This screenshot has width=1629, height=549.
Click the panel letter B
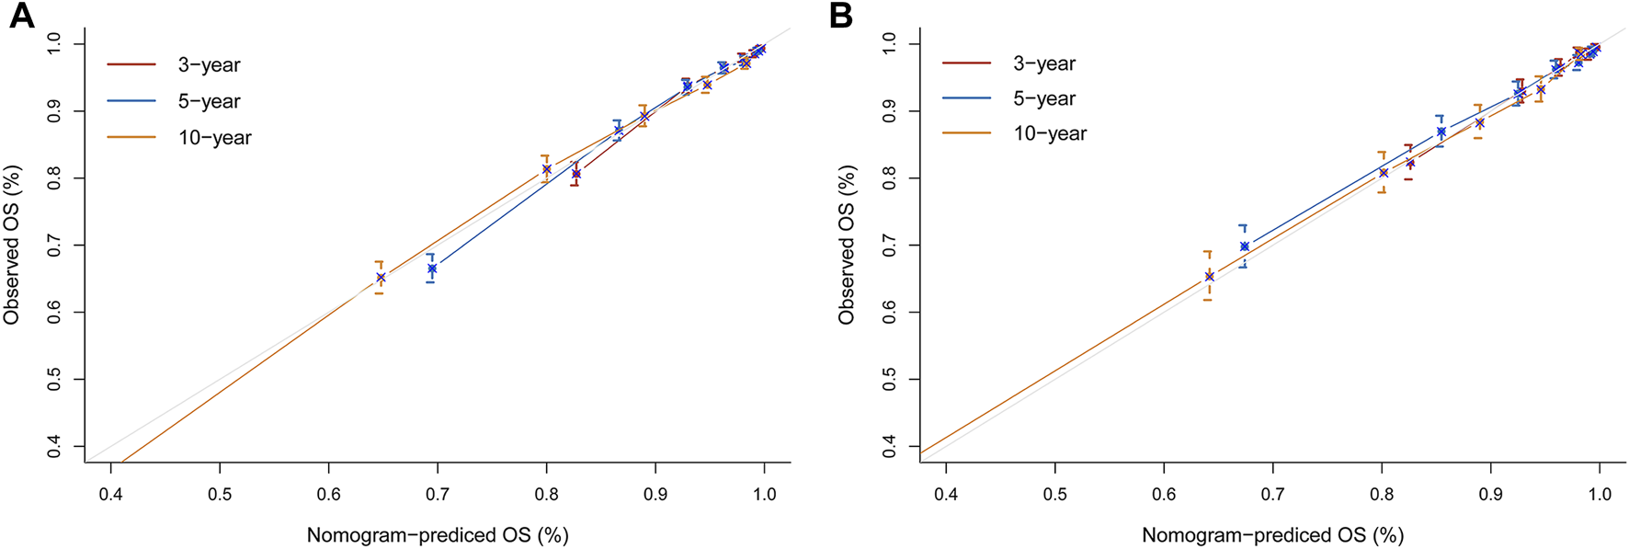840,16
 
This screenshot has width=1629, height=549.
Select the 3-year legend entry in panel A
209,65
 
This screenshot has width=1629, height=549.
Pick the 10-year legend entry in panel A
214,138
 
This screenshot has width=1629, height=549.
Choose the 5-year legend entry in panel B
1044,98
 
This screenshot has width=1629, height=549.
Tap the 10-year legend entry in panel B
1050,133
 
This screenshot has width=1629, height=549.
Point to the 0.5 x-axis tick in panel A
220,494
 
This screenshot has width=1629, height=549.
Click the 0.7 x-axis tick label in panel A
438,494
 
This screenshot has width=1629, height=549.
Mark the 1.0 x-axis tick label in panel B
1599,494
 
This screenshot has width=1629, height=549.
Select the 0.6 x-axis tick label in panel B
1164,494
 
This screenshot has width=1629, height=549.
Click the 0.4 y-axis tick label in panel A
53,447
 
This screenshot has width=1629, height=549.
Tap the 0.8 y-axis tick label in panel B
889,178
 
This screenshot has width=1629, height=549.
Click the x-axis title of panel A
438,535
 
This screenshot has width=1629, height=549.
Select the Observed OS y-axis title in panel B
847,244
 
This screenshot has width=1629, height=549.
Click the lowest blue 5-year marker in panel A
431,269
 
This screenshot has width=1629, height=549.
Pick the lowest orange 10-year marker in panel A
381,277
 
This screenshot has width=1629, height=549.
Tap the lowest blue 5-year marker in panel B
1244,246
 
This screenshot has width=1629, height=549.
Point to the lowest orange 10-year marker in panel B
1209,276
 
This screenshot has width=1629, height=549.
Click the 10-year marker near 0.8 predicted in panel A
546,169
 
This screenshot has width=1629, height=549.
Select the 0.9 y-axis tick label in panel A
53,111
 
